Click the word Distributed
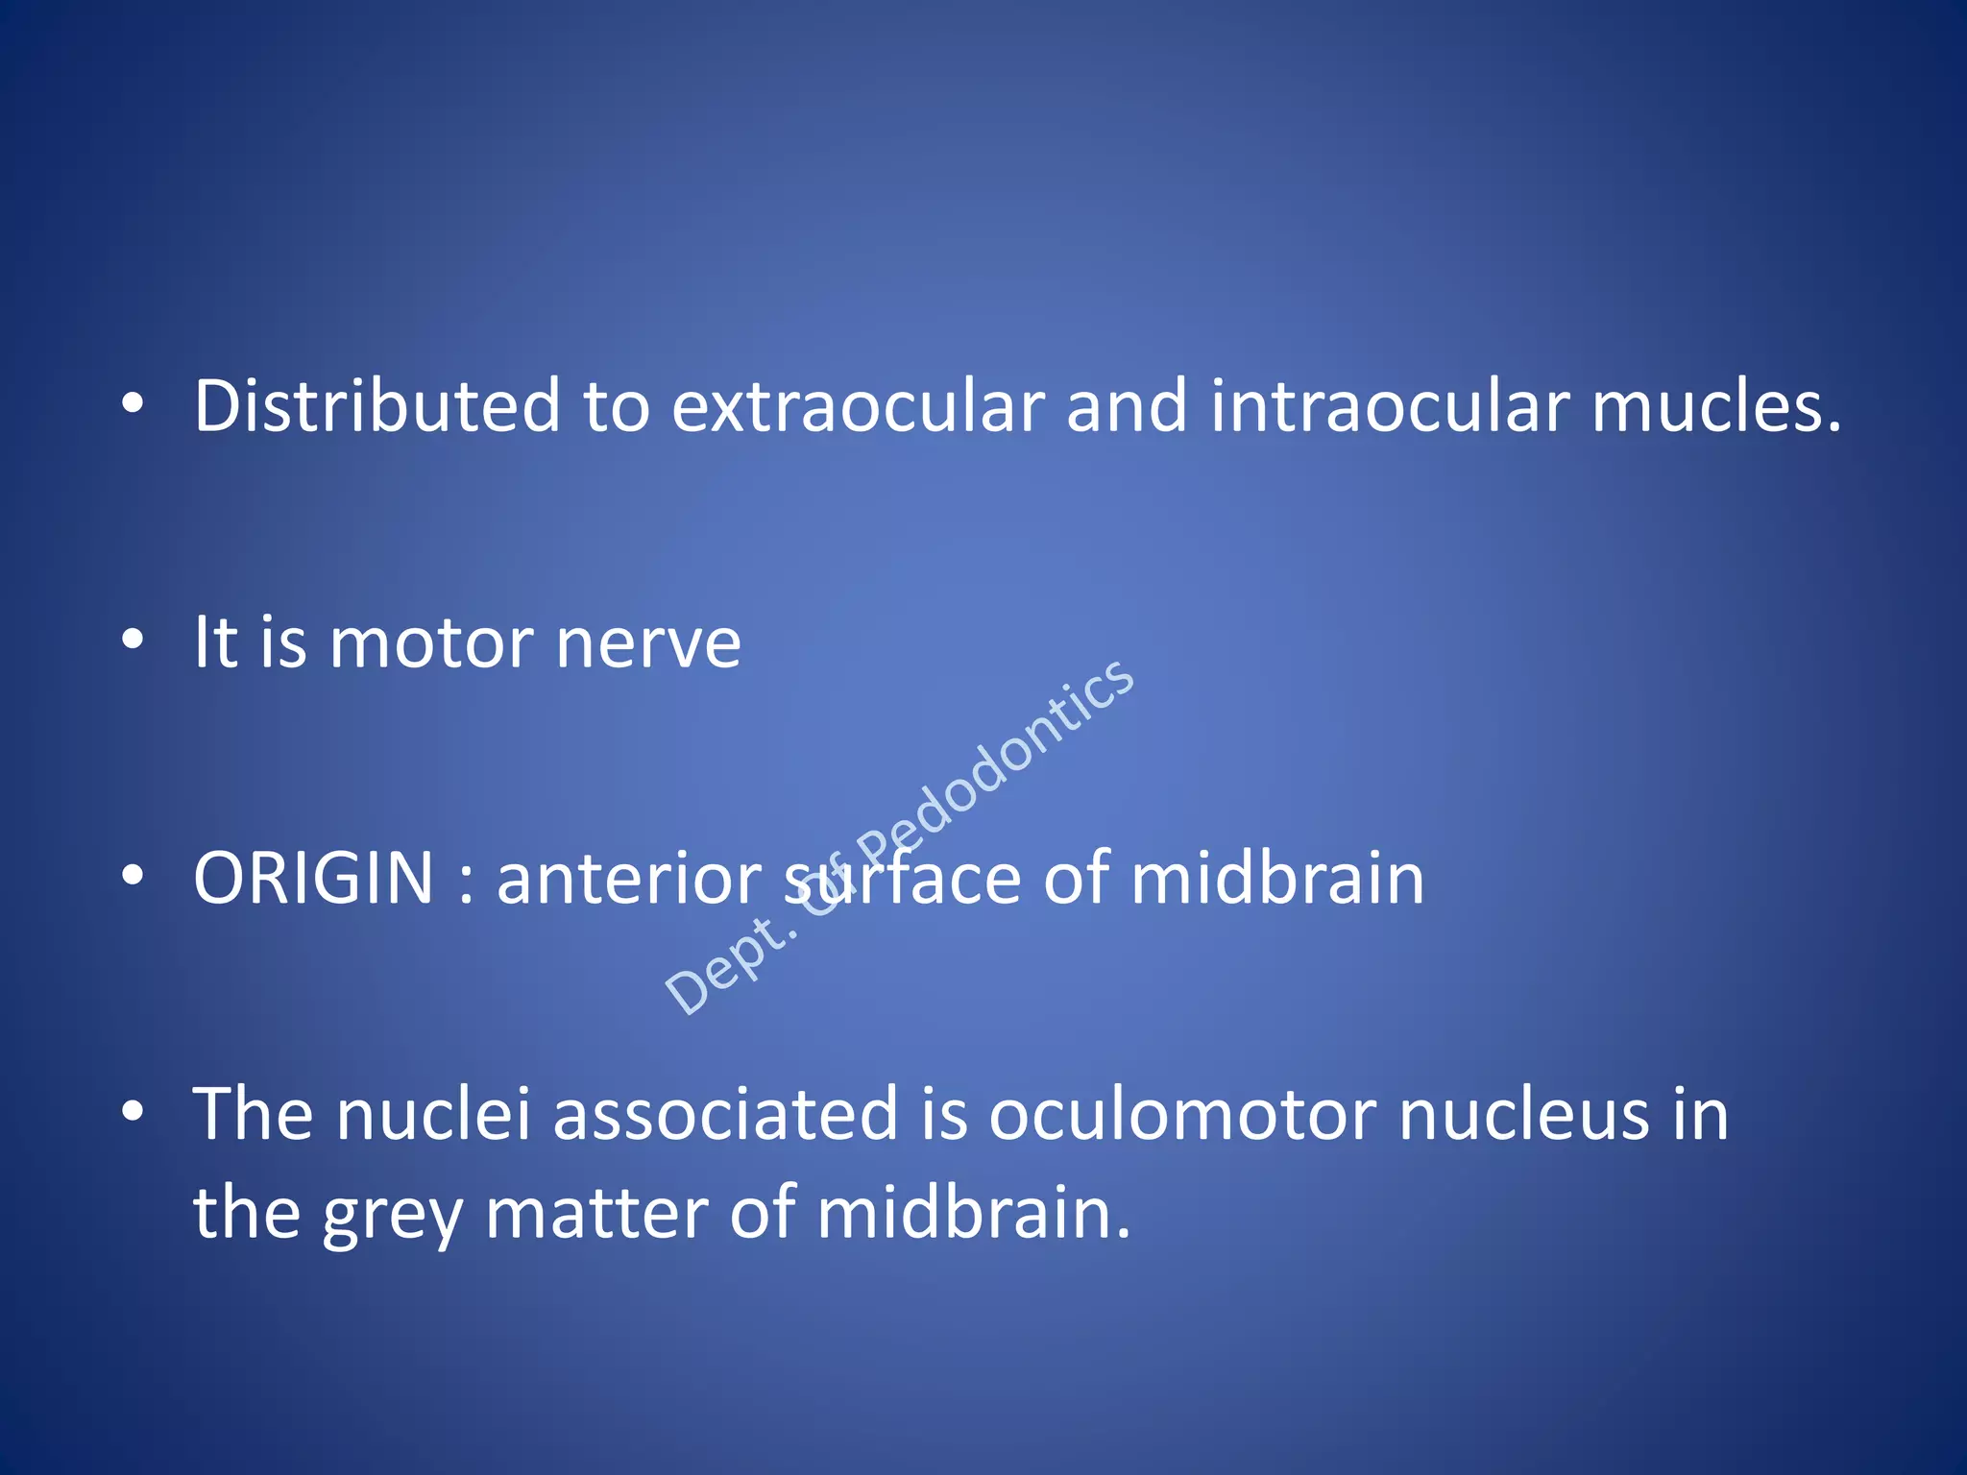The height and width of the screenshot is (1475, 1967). (x=376, y=405)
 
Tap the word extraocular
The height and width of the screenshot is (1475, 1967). (x=857, y=405)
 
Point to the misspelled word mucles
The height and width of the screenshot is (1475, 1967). (x=1716, y=405)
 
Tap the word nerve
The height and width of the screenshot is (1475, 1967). (x=648, y=643)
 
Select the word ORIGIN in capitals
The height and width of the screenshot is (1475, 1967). (x=313, y=878)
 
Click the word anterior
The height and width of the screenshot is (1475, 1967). (x=629, y=878)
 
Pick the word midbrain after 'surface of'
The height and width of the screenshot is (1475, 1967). (x=1276, y=878)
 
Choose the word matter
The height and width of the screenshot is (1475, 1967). (x=596, y=1214)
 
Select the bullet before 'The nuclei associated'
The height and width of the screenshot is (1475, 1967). (x=133, y=1111)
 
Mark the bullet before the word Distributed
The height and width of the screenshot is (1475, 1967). (x=133, y=403)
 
